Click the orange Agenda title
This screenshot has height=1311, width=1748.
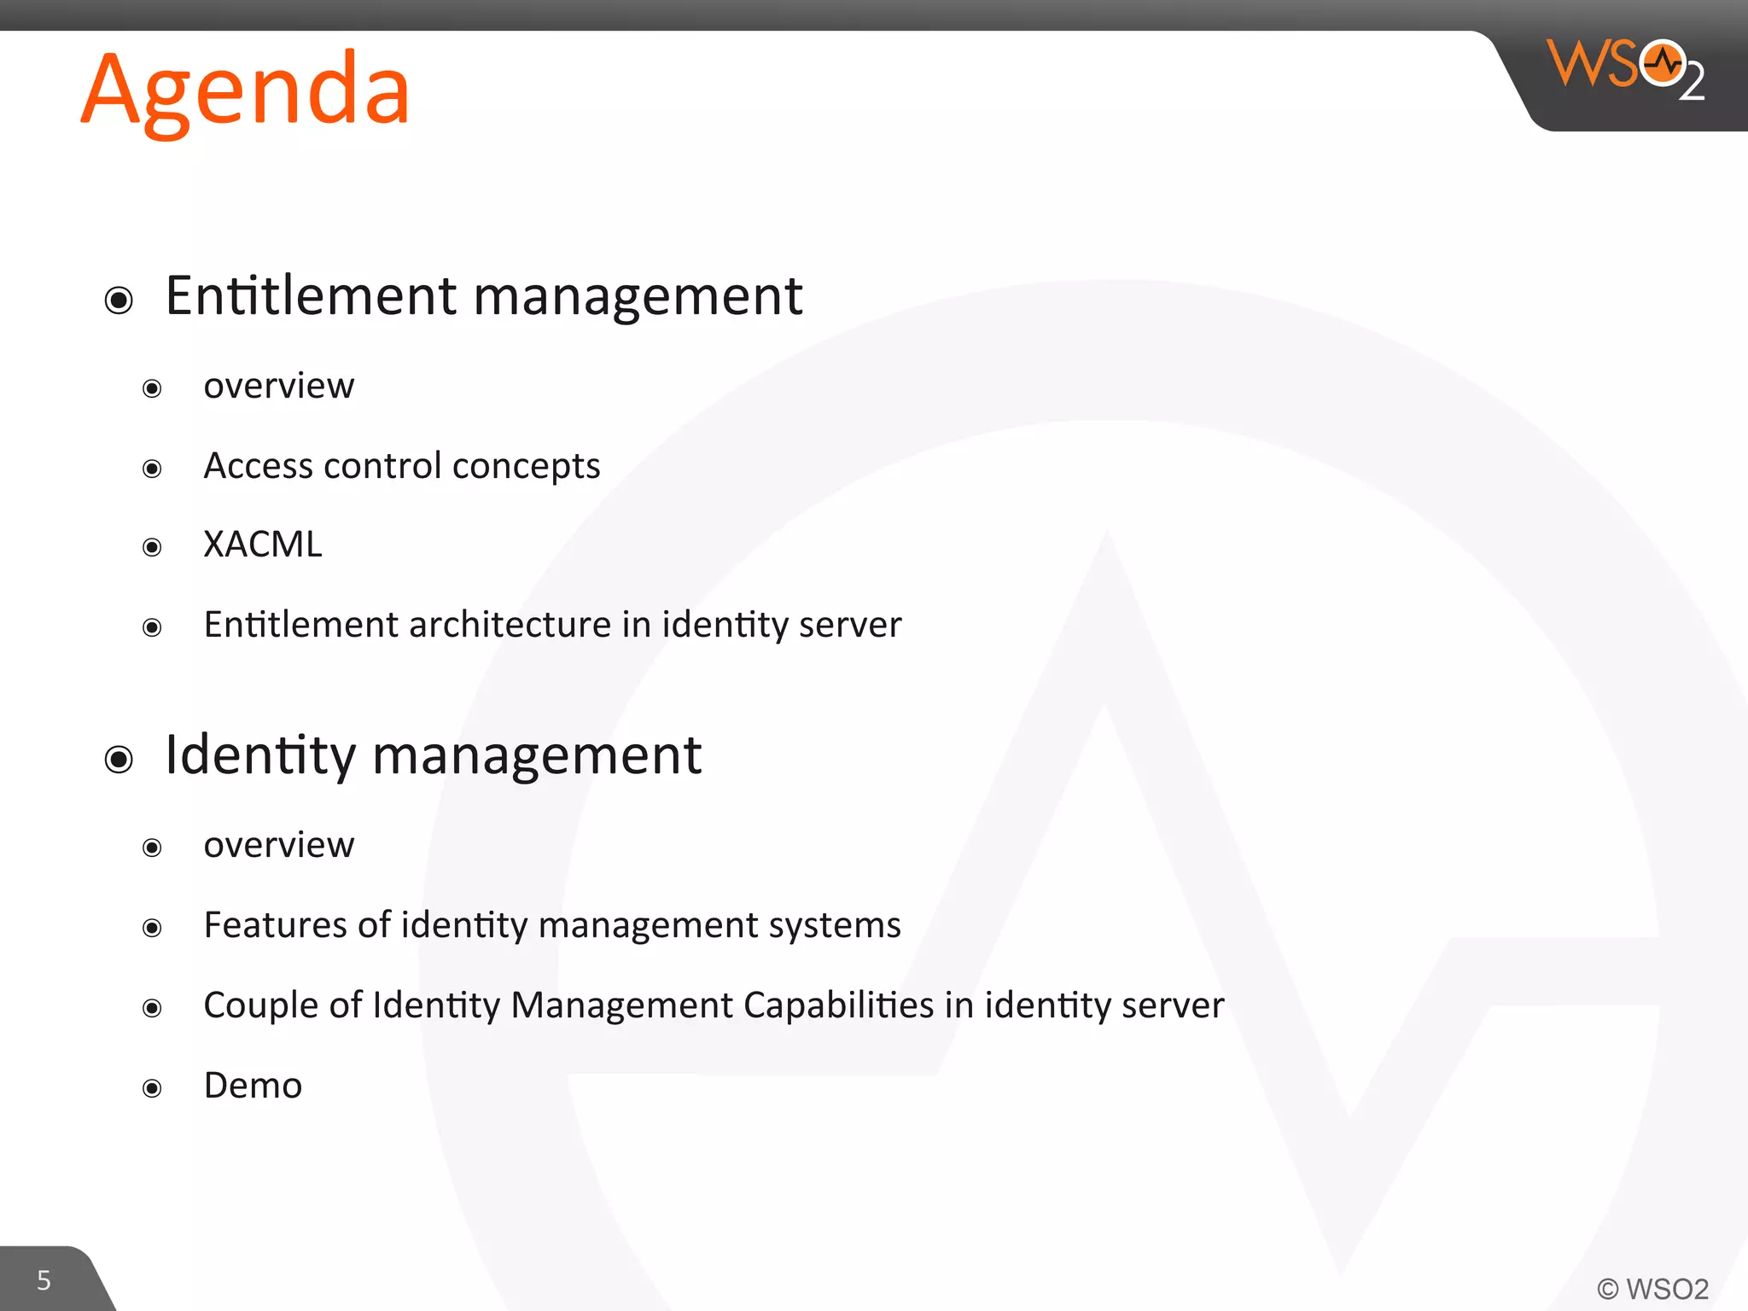[x=246, y=90]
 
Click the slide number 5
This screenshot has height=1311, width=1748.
[x=44, y=1280]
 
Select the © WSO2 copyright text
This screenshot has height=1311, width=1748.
[x=1652, y=1288]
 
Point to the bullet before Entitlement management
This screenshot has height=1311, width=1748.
[x=119, y=300]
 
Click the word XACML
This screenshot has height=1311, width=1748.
[x=263, y=545]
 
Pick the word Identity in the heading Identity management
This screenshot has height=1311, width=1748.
[x=260, y=755]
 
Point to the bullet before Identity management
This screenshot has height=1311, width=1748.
[x=119, y=760]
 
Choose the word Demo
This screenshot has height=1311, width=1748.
[x=253, y=1086]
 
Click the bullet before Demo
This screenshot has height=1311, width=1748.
[x=152, y=1088]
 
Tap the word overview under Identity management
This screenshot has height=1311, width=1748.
[x=278, y=845]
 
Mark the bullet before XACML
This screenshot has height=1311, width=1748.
[x=152, y=547]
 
